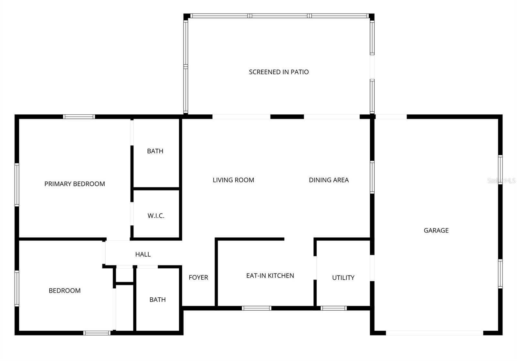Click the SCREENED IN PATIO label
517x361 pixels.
(279, 72)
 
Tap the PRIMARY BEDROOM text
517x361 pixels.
(75, 184)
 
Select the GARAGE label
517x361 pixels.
(436, 231)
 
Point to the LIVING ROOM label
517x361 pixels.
(233, 180)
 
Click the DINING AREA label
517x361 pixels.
(329, 180)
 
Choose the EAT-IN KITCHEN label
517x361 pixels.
(270, 276)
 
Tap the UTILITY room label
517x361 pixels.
(343, 278)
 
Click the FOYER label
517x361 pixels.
(198, 277)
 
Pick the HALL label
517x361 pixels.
(143, 254)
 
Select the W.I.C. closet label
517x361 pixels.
(156, 216)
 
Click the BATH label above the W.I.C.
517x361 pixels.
(155, 151)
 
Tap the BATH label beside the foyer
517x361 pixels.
(157, 300)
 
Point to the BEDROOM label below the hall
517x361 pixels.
(65, 291)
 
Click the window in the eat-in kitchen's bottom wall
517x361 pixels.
(257, 308)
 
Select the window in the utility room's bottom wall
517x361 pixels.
(333, 308)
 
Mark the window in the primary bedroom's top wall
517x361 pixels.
(79, 117)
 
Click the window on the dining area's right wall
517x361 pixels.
(372, 177)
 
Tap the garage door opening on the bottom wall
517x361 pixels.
(434, 333)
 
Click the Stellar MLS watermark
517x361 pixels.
(501, 181)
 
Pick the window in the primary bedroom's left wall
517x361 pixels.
(17, 185)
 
